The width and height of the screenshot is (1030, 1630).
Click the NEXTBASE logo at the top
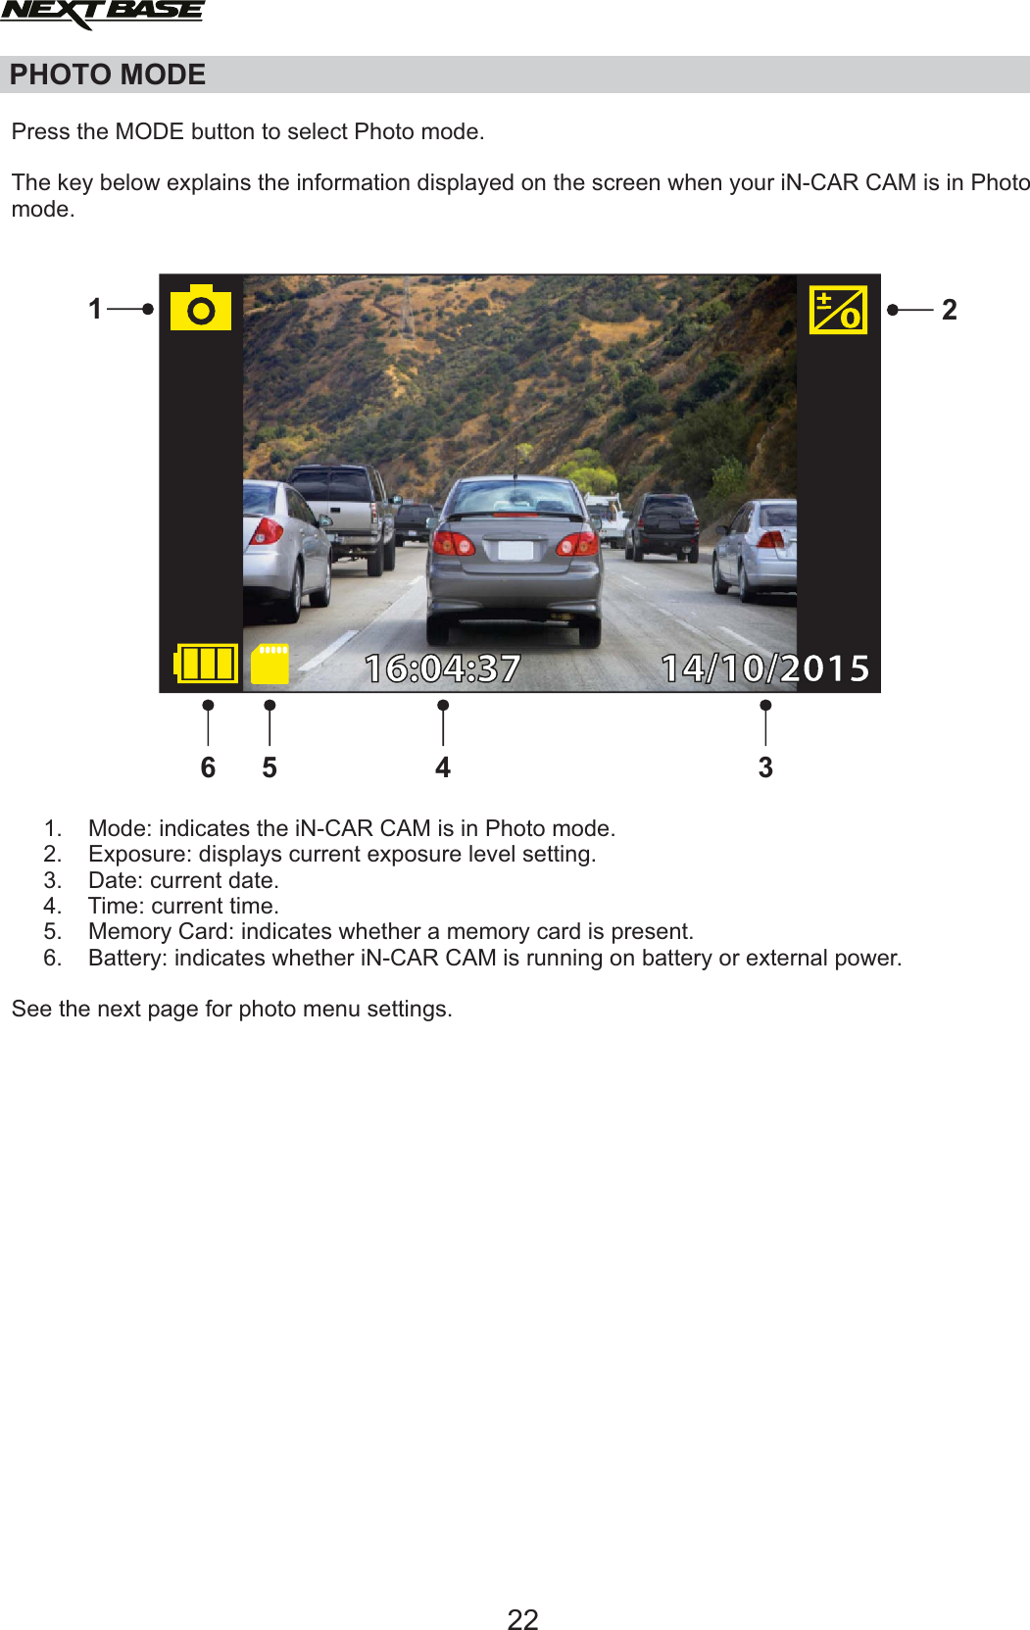pyautogui.click(x=102, y=14)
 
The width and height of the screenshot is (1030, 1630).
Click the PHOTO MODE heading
pyautogui.click(x=108, y=74)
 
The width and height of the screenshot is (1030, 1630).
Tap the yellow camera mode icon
pyautogui.click(x=201, y=310)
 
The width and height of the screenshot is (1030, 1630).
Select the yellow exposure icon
pyautogui.click(x=838, y=310)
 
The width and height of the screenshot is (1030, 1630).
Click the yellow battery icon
pyautogui.click(x=206, y=664)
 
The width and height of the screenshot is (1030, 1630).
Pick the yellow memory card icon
pyautogui.click(x=270, y=664)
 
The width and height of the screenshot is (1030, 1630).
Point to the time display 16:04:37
pyautogui.click(x=443, y=668)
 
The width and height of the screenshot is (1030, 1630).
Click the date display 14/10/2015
pyautogui.click(x=765, y=668)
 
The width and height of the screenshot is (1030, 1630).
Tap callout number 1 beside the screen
pyautogui.click(x=95, y=309)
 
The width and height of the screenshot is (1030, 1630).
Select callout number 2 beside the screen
pyautogui.click(x=949, y=310)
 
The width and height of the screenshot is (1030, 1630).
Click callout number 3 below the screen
pyautogui.click(x=765, y=767)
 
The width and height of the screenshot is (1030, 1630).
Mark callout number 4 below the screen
pyautogui.click(x=443, y=767)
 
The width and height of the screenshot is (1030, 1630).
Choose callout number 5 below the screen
pyautogui.click(x=270, y=767)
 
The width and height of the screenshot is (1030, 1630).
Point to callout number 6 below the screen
pyautogui.click(x=208, y=767)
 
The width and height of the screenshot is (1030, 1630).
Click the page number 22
pyautogui.click(x=522, y=1619)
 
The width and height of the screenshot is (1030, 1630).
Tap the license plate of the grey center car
pyautogui.click(x=515, y=550)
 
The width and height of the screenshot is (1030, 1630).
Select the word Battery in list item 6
pyautogui.click(x=127, y=958)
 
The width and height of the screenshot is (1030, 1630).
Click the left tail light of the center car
pyautogui.click(x=454, y=543)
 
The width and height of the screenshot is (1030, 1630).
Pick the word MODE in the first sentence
pyautogui.click(x=149, y=131)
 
